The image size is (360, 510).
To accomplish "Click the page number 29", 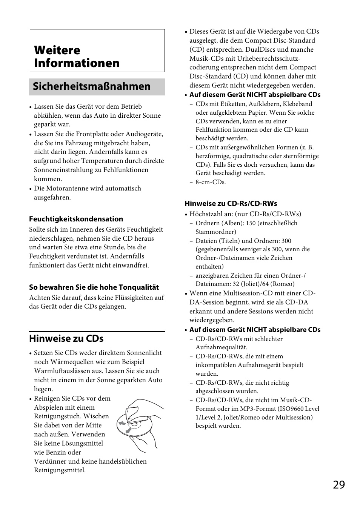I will (x=338, y=484).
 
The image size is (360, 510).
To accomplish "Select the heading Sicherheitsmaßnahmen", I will (x=92, y=86).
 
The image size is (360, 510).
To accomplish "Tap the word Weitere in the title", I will (x=57, y=50).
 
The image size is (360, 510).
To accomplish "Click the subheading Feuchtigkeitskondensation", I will (x=76, y=219).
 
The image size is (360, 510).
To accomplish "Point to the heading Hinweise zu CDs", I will (x=66, y=338).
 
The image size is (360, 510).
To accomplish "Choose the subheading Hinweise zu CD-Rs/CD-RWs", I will (x=231, y=203).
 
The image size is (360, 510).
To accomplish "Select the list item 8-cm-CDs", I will (x=211, y=182).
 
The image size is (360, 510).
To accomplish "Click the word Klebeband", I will (x=298, y=104).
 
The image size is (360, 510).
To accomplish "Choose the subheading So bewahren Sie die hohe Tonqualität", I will (x=94, y=287).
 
